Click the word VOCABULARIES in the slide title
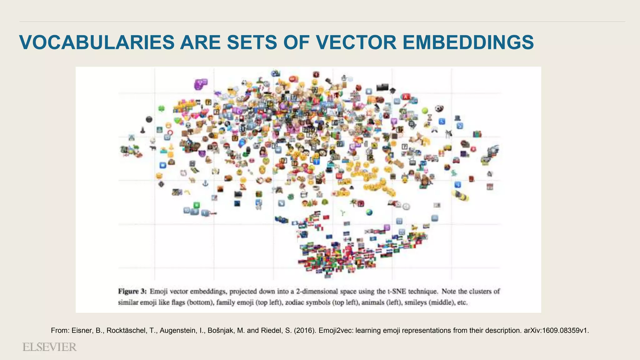[97, 42]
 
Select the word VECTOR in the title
[356, 42]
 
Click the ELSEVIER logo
[49, 347]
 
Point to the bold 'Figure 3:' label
[132, 291]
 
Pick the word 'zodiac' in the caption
[296, 302]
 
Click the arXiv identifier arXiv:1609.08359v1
[556, 331]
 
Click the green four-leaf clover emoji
[162, 108]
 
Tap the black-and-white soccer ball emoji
[439, 108]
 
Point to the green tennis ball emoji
[425, 110]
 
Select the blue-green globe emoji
[369, 212]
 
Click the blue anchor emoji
[205, 183]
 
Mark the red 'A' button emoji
[406, 97]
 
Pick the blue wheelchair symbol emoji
[442, 121]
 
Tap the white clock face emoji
[406, 207]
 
